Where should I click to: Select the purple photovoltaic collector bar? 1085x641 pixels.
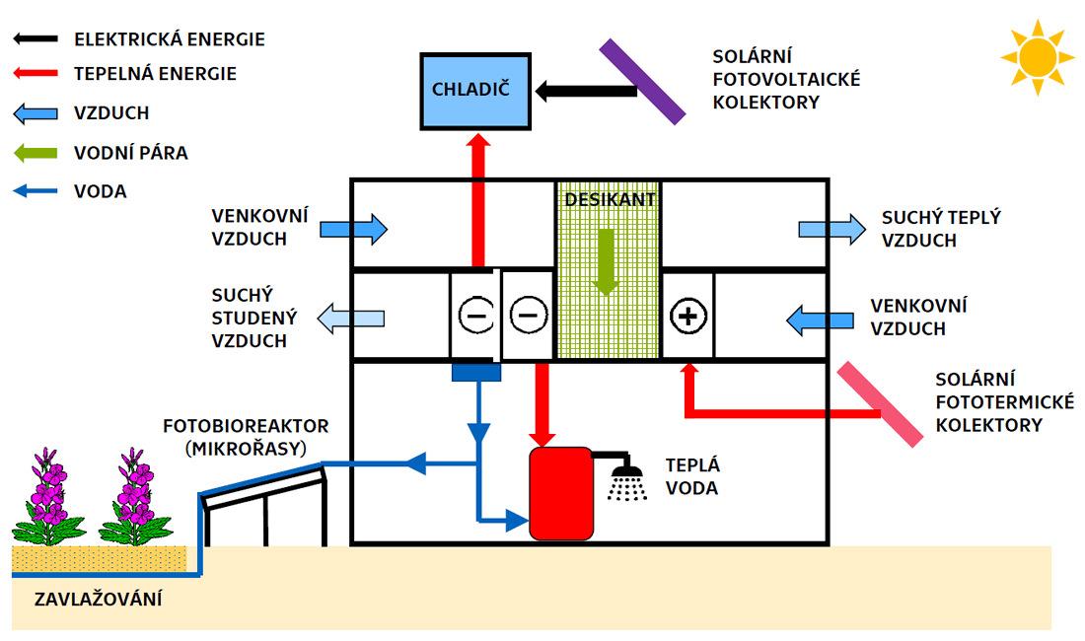click(x=642, y=82)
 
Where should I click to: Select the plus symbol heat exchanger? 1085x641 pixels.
click(x=687, y=316)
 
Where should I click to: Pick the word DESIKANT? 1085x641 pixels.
click(x=610, y=198)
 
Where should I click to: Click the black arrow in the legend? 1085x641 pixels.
click(x=38, y=39)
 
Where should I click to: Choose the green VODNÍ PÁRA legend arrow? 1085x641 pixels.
click(x=38, y=153)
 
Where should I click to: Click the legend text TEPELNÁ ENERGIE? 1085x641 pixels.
click(x=156, y=74)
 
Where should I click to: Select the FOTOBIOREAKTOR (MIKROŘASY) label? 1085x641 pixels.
click(x=247, y=437)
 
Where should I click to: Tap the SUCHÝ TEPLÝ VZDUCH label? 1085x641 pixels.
click(x=940, y=229)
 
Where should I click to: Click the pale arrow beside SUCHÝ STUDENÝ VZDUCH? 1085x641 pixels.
click(x=351, y=318)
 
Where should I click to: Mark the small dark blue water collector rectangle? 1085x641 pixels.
click(x=476, y=372)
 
